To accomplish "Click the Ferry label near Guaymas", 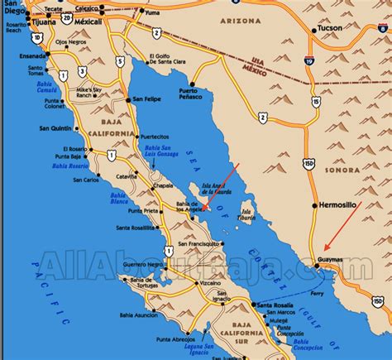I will (315, 293).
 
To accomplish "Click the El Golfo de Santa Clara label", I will (169, 60).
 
